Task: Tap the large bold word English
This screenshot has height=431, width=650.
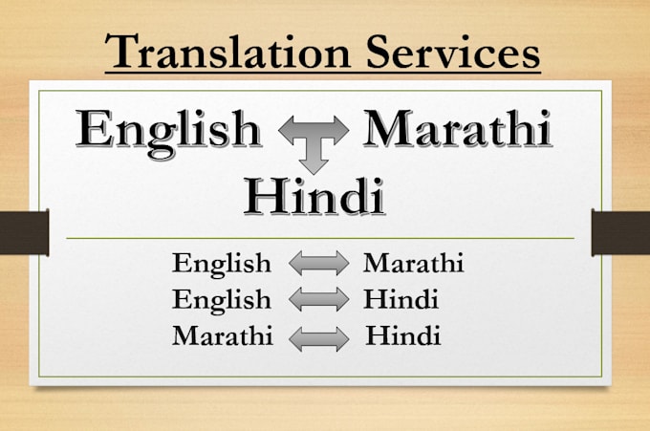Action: (x=170, y=131)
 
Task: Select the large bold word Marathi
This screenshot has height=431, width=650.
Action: (x=458, y=131)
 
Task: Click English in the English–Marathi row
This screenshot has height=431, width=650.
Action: (x=222, y=263)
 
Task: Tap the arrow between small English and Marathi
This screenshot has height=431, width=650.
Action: (x=318, y=264)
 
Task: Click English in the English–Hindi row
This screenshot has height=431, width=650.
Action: (x=222, y=300)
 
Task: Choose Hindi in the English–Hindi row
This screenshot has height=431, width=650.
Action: (x=401, y=300)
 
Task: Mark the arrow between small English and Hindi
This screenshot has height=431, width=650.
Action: (x=318, y=300)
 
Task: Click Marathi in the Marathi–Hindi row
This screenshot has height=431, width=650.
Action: (x=222, y=336)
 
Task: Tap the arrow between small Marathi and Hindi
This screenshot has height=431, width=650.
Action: (x=318, y=337)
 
